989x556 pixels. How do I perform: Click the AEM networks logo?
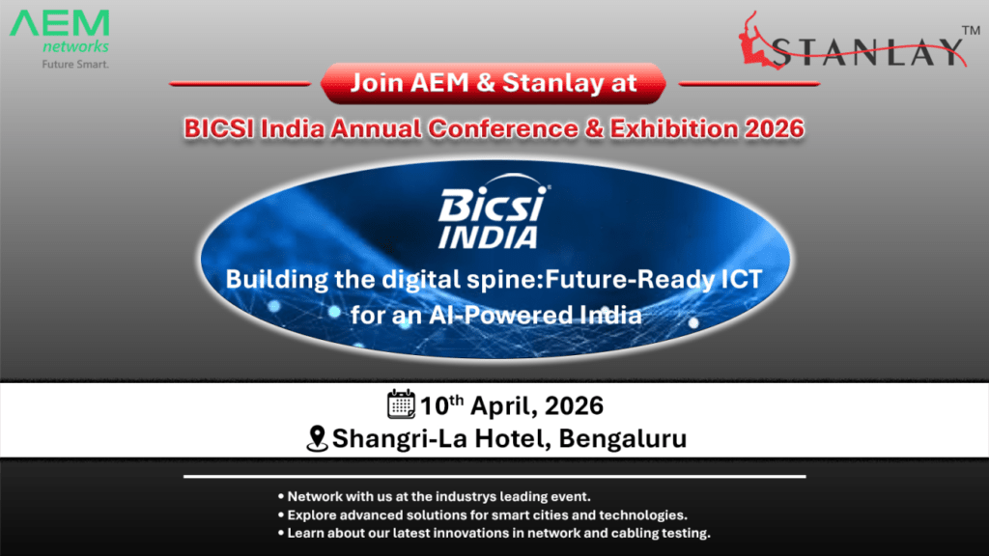[x=59, y=39]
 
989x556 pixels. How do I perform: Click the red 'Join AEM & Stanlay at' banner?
[x=494, y=83]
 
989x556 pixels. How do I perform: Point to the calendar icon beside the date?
[x=401, y=404]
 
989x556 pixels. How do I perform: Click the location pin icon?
[x=317, y=439]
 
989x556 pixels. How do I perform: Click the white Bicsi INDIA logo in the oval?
[x=494, y=212]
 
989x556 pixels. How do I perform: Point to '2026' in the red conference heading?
[x=775, y=128]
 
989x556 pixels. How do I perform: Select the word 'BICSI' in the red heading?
[x=219, y=128]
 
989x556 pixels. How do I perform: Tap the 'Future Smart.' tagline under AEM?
[x=75, y=65]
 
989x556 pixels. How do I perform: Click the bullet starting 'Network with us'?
[x=434, y=497]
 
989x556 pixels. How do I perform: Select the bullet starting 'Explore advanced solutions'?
[x=483, y=515]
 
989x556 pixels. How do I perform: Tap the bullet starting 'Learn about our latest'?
[x=494, y=533]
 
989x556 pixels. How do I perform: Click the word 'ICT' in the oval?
[x=742, y=279]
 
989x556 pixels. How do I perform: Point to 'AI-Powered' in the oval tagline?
[x=496, y=316]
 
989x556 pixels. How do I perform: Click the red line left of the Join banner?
[x=240, y=83]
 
